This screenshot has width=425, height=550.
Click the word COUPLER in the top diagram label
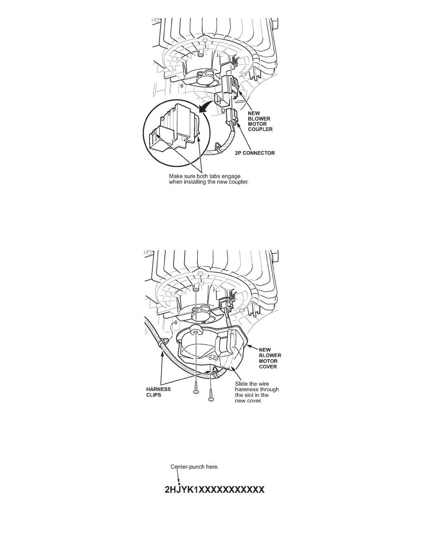260,130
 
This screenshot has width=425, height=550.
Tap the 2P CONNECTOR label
255,153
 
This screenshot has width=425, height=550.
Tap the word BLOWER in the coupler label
259,119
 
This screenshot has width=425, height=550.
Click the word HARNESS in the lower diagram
158,389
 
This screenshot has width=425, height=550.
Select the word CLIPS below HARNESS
154,394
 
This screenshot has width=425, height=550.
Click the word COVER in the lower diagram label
268,367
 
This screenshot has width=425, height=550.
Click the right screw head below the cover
211,399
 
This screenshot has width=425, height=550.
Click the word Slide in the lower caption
241,384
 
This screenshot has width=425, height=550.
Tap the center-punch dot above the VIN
179,484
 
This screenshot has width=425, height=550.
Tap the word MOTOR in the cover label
268,361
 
